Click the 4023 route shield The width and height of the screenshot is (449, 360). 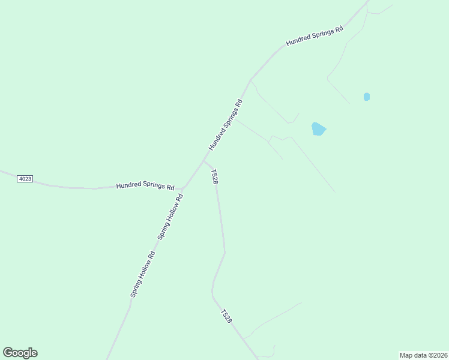25,179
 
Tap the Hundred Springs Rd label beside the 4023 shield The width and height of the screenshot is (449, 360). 145,186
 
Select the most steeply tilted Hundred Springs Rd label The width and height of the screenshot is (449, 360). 226,124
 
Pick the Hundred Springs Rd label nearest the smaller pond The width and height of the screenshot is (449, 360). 314,36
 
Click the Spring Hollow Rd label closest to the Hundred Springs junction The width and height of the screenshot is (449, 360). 170,216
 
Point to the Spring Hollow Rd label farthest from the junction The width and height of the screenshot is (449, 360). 143,274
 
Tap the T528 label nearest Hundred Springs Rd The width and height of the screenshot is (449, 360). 214,176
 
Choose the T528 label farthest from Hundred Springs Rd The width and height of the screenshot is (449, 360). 226,316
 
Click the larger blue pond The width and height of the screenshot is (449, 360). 318,129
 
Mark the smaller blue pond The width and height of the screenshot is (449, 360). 367,97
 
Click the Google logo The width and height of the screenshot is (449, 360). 20,353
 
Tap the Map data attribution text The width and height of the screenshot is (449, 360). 423,355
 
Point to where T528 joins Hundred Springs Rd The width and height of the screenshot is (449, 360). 204,160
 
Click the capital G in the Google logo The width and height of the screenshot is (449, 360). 8,353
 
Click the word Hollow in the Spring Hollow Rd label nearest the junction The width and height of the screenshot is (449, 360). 169,218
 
